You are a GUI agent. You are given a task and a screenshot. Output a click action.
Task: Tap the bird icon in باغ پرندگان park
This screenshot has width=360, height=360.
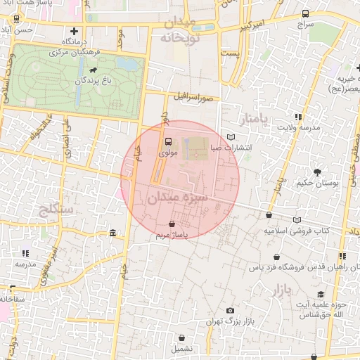pos(92,70)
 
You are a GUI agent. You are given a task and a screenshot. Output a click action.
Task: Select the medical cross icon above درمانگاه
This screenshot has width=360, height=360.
pos(74,31)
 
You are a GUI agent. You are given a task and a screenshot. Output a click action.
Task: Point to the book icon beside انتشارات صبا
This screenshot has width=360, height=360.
pos(232,137)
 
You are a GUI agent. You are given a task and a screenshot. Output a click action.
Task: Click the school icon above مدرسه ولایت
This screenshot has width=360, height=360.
pos(299,117)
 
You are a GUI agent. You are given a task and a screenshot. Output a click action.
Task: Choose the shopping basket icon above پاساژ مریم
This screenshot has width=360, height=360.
pos(172,224)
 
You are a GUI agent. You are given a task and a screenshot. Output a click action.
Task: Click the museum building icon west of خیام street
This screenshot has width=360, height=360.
pos(112,233)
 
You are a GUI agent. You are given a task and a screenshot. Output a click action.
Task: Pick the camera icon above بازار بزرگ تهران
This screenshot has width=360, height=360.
pos(230,310)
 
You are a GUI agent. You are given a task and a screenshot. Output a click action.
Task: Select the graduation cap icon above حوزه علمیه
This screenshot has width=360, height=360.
pos(321,294)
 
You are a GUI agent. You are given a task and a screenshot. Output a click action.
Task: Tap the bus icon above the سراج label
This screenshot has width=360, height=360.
pos(305,13)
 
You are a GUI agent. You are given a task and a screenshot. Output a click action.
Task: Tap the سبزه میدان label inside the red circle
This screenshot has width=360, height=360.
pos(177,198)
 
